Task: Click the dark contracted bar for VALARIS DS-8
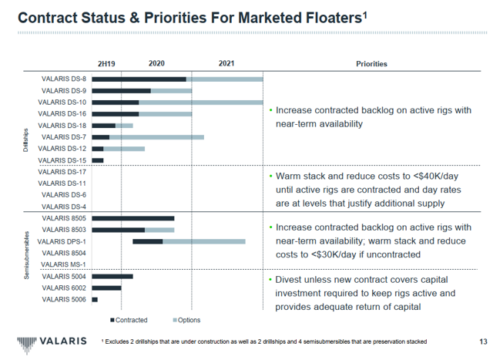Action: [x=139, y=79]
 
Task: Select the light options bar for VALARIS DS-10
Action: [x=200, y=102]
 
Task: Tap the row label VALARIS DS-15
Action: [x=66, y=160]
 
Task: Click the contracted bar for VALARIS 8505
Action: [x=132, y=218]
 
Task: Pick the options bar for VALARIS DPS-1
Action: [x=203, y=241]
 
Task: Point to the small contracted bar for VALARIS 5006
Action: [x=95, y=299]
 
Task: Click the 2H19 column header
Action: [x=106, y=64]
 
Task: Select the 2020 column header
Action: [x=156, y=64]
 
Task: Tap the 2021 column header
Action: [x=226, y=64]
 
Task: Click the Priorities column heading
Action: [x=371, y=64]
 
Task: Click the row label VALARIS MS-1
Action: [x=66, y=264]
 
